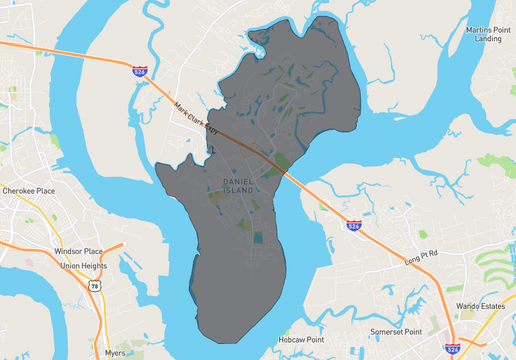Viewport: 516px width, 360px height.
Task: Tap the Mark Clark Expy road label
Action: click(x=196, y=118)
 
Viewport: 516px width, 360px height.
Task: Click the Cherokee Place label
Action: click(x=28, y=189)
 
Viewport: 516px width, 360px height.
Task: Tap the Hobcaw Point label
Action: click(x=301, y=340)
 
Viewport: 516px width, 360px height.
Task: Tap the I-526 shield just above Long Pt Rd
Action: click(x=354, y=227)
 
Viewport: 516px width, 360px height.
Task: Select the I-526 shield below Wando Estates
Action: click(x=452, y=349)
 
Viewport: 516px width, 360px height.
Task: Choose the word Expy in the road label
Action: click(x=212, y=129)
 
